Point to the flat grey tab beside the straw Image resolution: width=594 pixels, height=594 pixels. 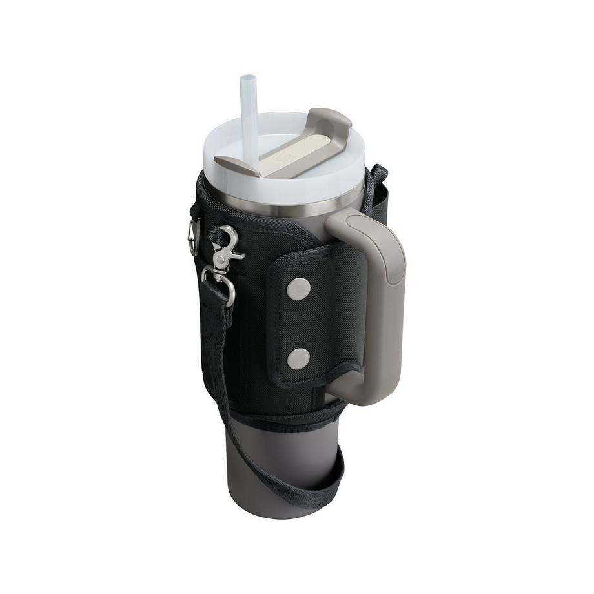[x=236, y=165]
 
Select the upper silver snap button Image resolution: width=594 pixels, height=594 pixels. [x=298, y=289]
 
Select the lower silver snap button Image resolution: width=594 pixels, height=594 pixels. [x=298, y=358]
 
